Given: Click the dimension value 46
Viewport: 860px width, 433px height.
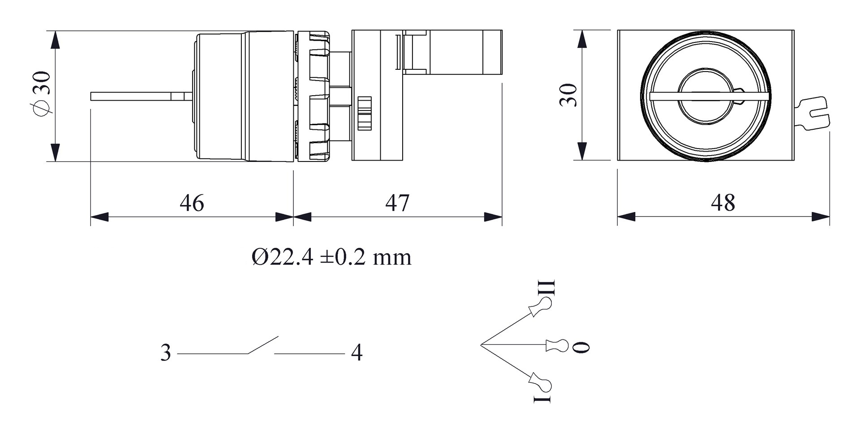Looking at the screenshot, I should click(x=192, y=203).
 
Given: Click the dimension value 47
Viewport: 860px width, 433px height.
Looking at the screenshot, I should click(x=397, y=203).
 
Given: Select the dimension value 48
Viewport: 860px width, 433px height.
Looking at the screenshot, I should click(x=723, y=203).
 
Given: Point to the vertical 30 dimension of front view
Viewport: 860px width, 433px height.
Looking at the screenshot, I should click(x=569, y=95).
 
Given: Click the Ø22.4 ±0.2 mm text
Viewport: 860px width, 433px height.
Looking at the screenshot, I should click(x=331, y=257).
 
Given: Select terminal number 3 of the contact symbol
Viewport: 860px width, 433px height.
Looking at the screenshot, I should click(x=166, y=353).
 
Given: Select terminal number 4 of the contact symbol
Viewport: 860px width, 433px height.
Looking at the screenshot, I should click(x=357, y=353).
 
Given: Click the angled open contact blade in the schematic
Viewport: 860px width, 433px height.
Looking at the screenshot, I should click(x=263, y=345).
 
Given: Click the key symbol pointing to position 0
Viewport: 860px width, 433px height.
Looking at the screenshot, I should click(x=557, y=345).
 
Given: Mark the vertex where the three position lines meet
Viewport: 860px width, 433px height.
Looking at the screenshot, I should click(x=481, y=345).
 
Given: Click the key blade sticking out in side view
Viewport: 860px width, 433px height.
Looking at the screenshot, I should click(x=134, y=96).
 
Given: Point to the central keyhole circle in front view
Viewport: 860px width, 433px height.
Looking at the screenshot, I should click(x=706, y=96).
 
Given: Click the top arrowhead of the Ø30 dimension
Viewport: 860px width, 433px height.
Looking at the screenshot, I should click(x=55, y=40).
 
